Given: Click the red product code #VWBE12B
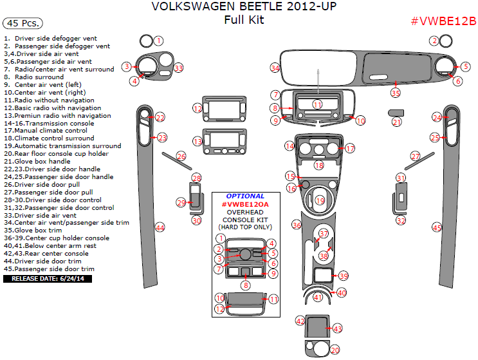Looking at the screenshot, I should [x=443, y=21].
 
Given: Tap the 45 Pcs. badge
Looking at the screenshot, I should [x=23, y=23].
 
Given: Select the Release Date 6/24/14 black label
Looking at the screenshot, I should [x=48, y=279].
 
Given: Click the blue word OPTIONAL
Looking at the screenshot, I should [x=245, y=196].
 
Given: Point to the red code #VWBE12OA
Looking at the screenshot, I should [x=245, y=204].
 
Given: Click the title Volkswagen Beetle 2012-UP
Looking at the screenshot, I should [x=243, y=7].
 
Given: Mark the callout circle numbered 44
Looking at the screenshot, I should [x=160, y=227].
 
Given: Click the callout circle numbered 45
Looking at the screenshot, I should [x=437, y=228].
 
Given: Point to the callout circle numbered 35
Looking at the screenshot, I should [x=396, y=93].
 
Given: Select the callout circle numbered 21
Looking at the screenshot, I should [x=397, y=122].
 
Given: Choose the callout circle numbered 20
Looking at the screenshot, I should [x=335, y=350].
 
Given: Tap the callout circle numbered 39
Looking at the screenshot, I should [x=344, y=276].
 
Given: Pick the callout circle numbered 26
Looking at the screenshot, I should [x=181, y=156].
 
